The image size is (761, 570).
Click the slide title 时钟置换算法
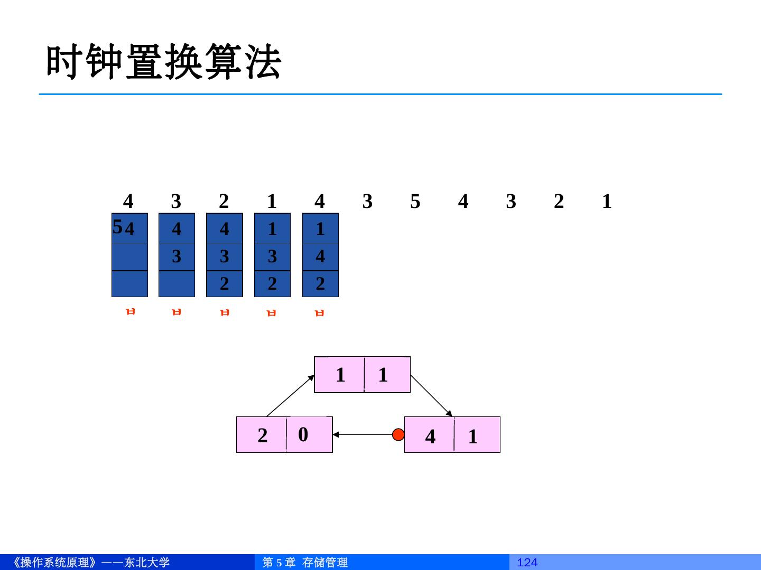click(164, 63)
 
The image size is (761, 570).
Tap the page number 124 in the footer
click(527, 563)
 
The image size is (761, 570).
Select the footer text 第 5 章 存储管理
click(305, 563)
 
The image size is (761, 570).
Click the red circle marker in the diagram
click(398, 434)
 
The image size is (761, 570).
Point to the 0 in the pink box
click(303, 434)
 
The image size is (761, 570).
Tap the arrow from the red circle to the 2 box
click(365, 434)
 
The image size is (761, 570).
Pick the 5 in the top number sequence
click(415, 201)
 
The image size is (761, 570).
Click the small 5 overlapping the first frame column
click(117, 227)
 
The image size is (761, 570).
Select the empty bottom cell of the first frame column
click(129, 284)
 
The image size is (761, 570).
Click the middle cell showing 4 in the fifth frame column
click(320, 256)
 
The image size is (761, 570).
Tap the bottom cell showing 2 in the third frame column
click(225, 284)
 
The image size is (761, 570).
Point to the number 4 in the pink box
click(430, 436)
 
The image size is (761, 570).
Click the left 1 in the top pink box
click(340, 375)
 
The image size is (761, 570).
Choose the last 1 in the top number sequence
click(607, 201)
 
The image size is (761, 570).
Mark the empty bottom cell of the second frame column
click(177, 284)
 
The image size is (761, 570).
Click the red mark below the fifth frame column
click(319, 313)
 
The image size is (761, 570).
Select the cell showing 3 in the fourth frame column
click(272, 256)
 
